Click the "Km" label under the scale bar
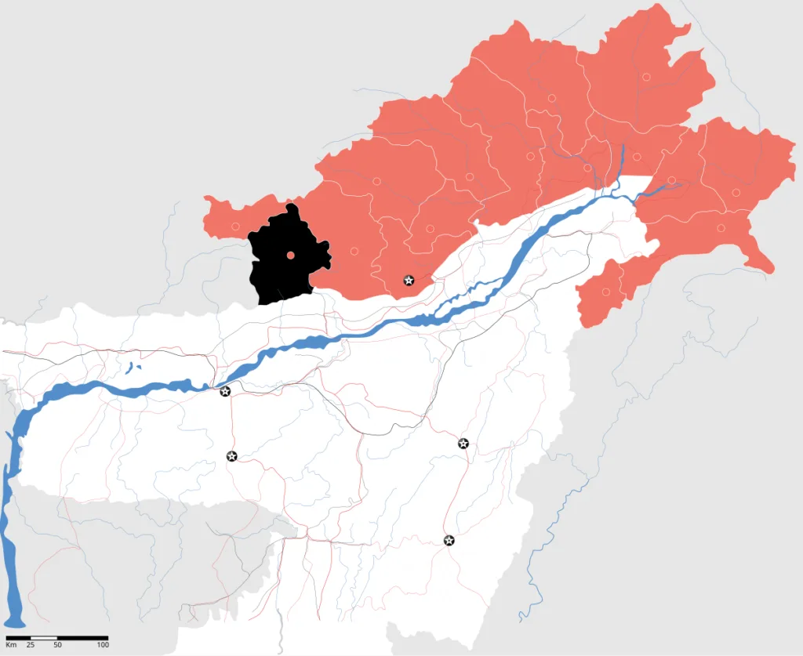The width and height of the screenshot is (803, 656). point(11,644)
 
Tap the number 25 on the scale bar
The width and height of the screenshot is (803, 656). point(31,644)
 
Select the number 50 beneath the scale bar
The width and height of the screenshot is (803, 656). point(57,644)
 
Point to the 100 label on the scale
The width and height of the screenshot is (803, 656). point(103,644)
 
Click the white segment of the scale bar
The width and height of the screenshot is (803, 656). point(44,637)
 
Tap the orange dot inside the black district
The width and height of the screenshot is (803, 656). point(290,255)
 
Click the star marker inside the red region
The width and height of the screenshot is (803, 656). point(409,280)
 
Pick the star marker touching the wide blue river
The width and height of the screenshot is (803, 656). point(225,391)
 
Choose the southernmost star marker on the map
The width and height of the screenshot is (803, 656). point(449,540)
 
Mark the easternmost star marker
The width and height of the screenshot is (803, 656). point(463,444)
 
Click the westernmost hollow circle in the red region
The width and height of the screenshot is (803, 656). point(235,227)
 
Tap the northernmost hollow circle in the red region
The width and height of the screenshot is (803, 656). point(646,77)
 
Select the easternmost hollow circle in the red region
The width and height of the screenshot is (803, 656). point(736,192)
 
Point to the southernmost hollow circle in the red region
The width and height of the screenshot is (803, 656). point(606,292)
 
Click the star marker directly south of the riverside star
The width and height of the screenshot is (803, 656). point(231,456)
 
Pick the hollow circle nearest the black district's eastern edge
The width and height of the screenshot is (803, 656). point(354,251)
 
